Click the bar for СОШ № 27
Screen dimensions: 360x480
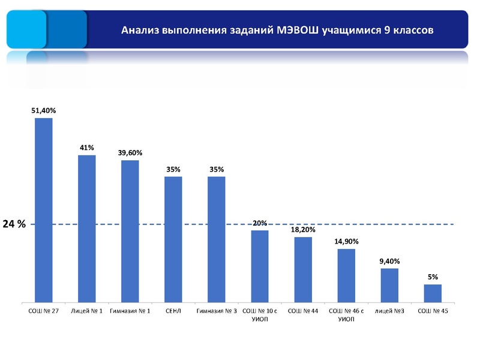coord(44,210)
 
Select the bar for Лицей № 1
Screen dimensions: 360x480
coord(87,228)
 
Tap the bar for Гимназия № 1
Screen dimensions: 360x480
coord(130,231)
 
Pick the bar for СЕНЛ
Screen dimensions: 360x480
coord(173,239)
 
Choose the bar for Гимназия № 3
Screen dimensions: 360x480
coord(217,239)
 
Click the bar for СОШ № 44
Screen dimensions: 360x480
coord(303,269)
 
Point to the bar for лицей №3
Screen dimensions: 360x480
coord(389,285)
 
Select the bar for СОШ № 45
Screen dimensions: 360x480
coord(433,293)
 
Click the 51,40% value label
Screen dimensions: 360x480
coord(44,110)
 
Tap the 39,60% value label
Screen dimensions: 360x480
coord(130,153)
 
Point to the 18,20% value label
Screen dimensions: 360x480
coord(303,230)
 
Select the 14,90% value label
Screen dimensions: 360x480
coord(346,241)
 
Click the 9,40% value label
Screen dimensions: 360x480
coord(389,261)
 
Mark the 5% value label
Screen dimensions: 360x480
coord(433,277)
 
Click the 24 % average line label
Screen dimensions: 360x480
coord(14,224)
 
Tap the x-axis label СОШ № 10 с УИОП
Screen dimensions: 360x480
coord(260,315)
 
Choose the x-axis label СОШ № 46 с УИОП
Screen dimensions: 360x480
coord(346,315)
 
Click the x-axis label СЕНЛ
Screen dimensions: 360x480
coord(173,311)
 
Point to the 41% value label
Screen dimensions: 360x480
coord(87,148)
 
